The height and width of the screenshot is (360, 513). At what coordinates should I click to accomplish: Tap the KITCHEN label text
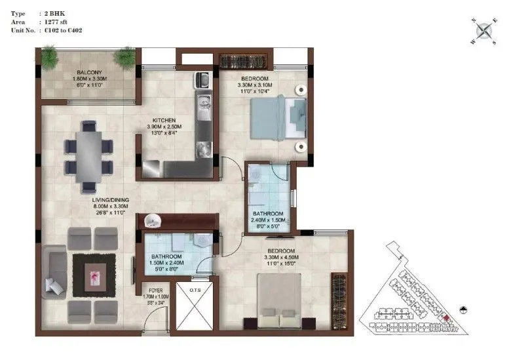click(x=164, y=121)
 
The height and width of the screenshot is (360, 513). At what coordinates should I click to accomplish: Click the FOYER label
click(x=156, y=289)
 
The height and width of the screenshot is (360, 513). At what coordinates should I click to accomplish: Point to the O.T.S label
click(x=194, y=289)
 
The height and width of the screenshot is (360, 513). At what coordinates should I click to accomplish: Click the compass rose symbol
click(x=485, y=30)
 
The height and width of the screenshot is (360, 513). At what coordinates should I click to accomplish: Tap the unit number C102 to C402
click(x=63, y=30)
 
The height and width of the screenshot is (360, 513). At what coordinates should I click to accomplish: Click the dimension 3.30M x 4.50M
click(x=281, y=258)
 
